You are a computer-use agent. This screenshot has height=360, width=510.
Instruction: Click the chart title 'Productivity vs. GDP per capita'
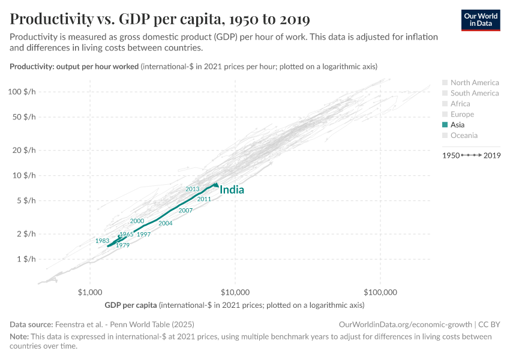[160, 19]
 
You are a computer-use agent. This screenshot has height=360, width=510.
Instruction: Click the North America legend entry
[474, 83]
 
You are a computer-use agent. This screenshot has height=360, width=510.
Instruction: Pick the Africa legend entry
[460, 104]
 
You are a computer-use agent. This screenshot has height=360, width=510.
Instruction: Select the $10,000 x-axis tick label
[235, 293]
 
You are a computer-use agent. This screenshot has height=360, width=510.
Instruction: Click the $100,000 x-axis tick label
[380, 293]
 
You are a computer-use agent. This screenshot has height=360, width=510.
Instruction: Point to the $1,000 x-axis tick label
[90, 293]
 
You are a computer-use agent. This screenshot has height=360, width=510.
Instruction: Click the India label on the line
[232, 190]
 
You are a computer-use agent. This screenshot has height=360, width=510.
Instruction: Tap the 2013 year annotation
[192, 189]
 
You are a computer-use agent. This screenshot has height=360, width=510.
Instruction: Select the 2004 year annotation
[166, 223]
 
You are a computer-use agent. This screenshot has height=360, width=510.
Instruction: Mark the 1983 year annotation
[102, 241]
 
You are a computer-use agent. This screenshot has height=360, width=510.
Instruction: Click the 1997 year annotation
[143, 235]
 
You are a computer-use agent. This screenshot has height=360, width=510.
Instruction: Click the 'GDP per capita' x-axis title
[131, 305]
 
